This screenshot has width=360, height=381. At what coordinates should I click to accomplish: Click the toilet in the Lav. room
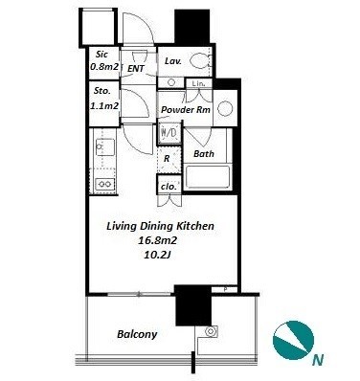point(201,60)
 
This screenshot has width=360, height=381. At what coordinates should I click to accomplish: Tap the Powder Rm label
point(186,110)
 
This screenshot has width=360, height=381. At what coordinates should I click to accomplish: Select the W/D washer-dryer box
point(169,132)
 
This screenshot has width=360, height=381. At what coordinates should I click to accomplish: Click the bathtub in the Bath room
point(207,177)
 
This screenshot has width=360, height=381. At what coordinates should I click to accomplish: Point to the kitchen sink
point(104,146)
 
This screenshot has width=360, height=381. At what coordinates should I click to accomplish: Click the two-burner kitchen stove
point(105,184)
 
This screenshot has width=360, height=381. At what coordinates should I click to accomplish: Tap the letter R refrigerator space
point(167,159)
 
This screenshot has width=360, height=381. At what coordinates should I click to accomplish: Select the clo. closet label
point(169,187)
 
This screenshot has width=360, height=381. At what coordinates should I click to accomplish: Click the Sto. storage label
point(102,91)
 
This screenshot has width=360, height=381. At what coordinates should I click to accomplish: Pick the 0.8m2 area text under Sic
point(104,67)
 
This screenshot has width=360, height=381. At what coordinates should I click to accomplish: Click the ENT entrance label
point(136,68)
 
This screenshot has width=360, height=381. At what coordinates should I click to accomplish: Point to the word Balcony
point(137,334)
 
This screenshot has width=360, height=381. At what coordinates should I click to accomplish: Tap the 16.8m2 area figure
point(157,240)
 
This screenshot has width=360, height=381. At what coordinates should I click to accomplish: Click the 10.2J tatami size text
point(156,255)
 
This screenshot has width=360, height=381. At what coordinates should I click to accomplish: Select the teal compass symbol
point(293,340)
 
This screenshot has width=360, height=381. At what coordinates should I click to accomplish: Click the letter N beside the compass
point(318,360)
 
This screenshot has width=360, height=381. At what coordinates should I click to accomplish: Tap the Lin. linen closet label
point(198,83)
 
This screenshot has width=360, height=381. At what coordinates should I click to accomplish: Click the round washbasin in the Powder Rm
point(225,109)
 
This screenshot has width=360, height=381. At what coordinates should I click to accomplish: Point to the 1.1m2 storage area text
point(104,105)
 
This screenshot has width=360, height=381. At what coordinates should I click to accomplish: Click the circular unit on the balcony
point(211,331)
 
